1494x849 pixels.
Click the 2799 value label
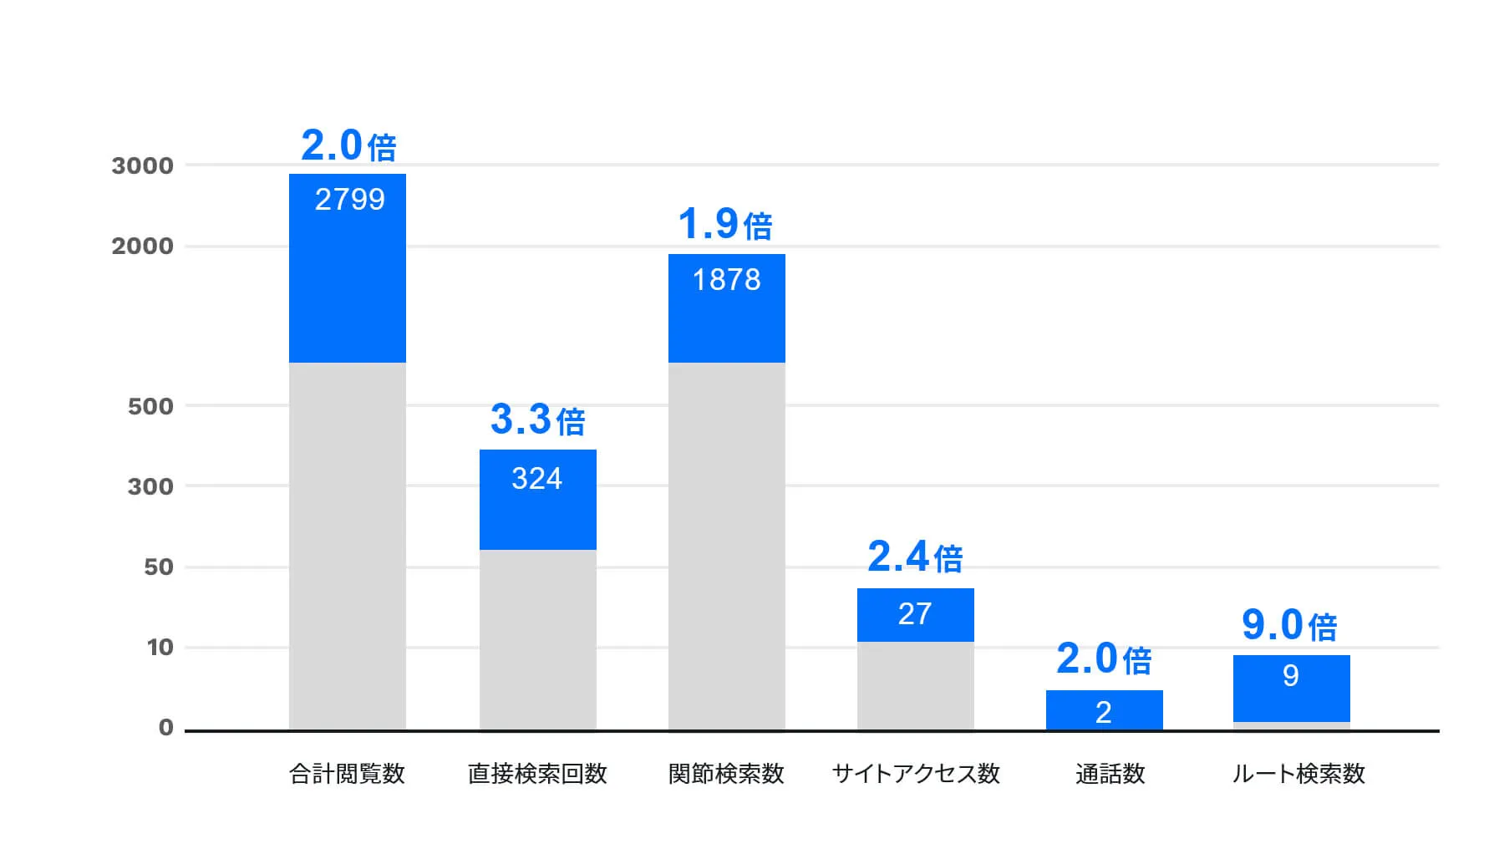(x=349, y=200)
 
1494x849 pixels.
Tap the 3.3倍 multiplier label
(x=537, y=419)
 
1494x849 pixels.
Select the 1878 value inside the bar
(x=727, y=280)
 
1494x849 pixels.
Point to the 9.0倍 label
(x=1289, y=625)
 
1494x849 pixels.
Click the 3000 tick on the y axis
(x=143, y=166)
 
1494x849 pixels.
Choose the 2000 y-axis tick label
(x=143, y=247)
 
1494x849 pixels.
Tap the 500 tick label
(x=150, y=407)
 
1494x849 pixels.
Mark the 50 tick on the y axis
(x=159, y=567)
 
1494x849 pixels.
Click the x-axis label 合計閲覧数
(x=347, y=774)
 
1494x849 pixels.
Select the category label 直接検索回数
(x=537, y=774)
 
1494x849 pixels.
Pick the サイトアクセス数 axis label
(x=916, y=774)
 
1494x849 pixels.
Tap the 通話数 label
(x=1110, y=774)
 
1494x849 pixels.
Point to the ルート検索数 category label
(x=1298, y=774)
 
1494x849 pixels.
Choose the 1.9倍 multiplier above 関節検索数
(x=725, y=224)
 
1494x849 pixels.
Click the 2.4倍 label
(x=915, y=557)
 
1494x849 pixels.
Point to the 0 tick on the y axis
(x=166, y=728)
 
